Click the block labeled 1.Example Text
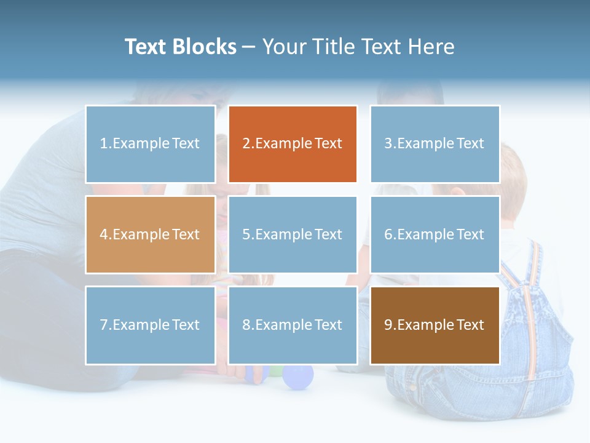(150, 144)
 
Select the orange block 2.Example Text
(293, 144)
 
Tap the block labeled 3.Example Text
(435, 144)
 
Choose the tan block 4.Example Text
(150, 234)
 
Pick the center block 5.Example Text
(293, 234)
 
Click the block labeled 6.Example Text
(435, 234)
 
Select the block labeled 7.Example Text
(150, 325)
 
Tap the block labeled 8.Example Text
(293, 325)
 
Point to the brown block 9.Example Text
(435, 325)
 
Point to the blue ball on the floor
(299, 376)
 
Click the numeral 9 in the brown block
(388, 325)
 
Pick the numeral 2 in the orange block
(246, 144)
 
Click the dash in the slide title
(249, 47)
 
